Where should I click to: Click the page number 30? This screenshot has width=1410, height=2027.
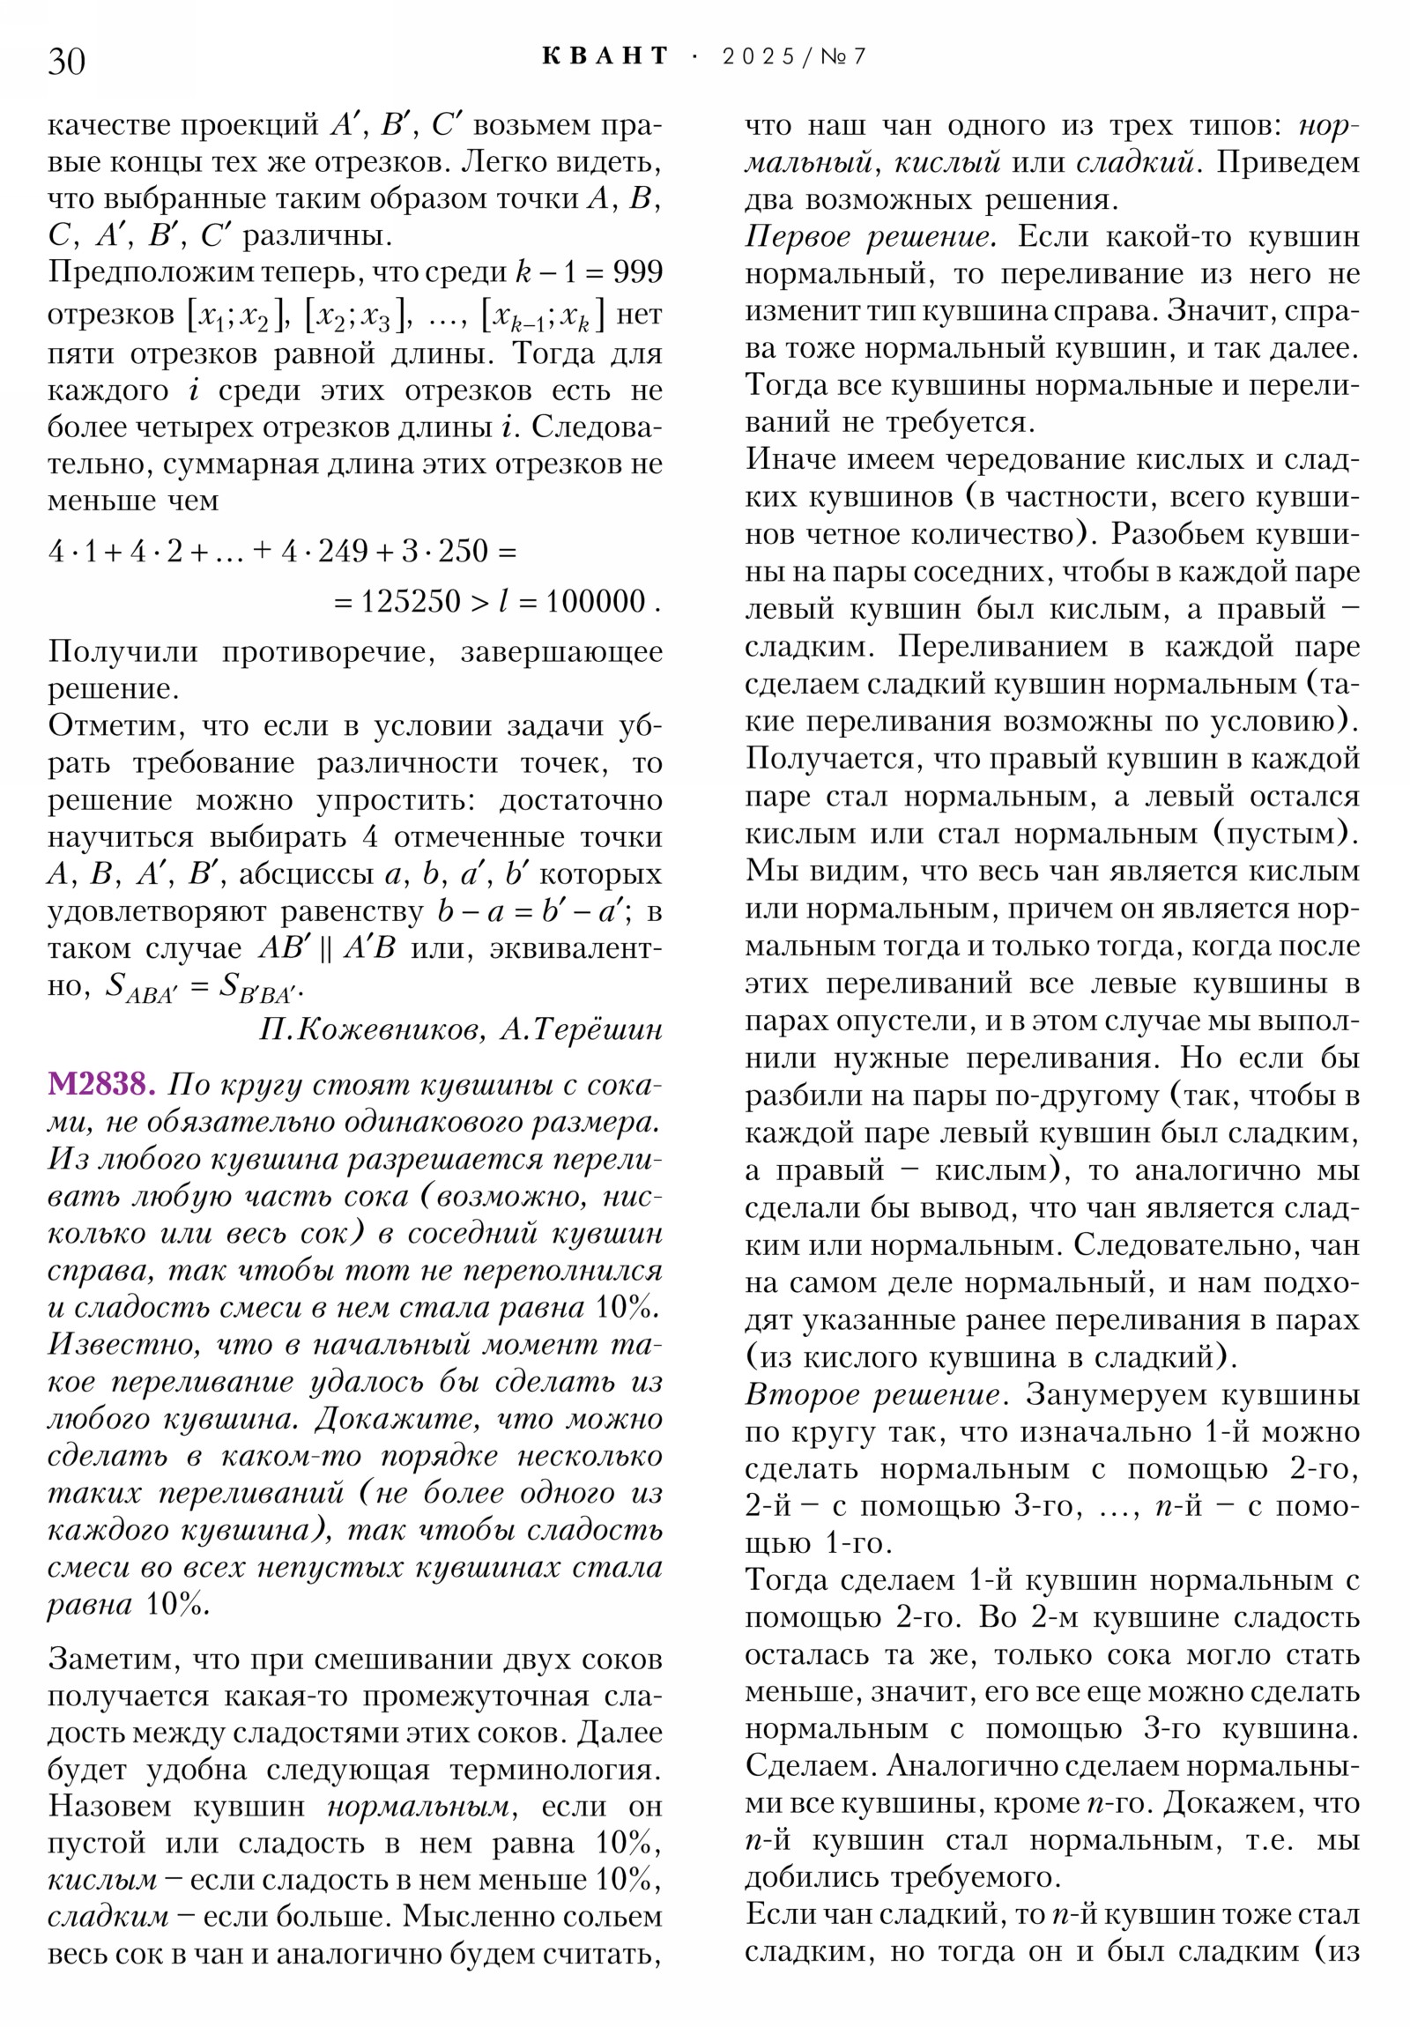tap(66, 61)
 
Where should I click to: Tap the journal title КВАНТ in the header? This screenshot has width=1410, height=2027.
tap(605, 56)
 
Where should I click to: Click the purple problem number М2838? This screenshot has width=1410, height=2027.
tap(100, 1084)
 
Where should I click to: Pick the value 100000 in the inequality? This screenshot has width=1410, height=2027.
tap(595, 602)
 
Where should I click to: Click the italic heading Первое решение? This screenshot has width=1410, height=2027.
tap(871, 236)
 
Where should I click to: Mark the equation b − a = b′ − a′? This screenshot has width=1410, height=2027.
tap(534, 911)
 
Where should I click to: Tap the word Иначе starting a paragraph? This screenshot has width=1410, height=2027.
tap(789, 459)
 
